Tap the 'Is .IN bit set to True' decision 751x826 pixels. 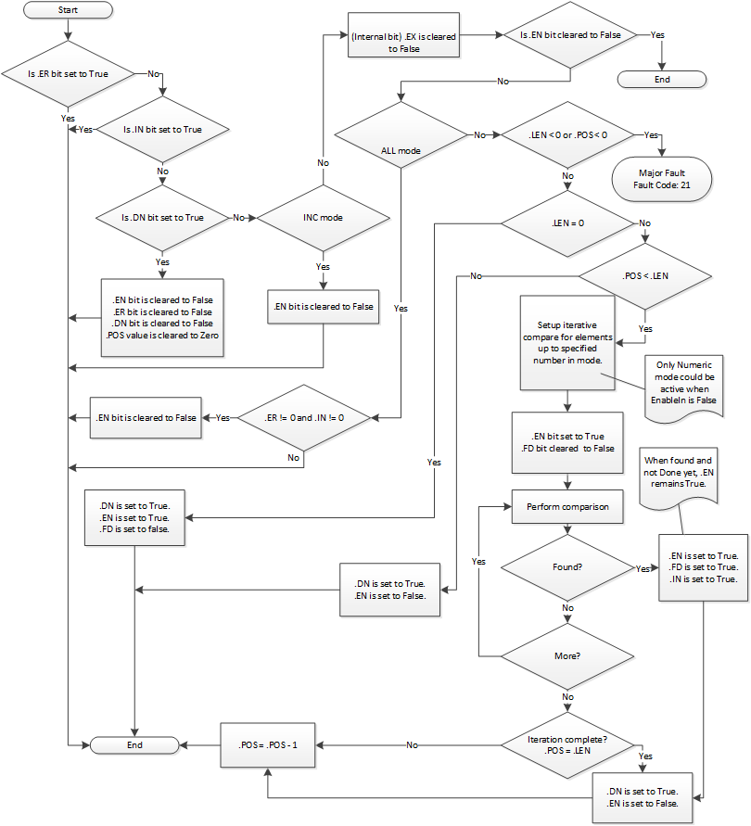(x=162, y=129)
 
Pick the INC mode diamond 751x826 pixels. (x=323, y=218)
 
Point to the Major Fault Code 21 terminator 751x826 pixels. (x=662, y=178)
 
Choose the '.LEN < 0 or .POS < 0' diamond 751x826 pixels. (x=566, y=135)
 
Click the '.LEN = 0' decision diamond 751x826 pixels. (x=566, y=223)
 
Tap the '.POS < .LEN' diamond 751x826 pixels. (x=645, y=275)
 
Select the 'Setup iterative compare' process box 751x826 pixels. (x=566, y=343)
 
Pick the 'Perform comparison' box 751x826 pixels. (x=567, y=507)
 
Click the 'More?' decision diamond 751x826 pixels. (x=567, y=654)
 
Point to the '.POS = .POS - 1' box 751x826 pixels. (x=268, y=744)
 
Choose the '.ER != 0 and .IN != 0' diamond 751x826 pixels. (x=304, y=417)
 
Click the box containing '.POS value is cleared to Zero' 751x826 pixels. (x=162, y=317)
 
